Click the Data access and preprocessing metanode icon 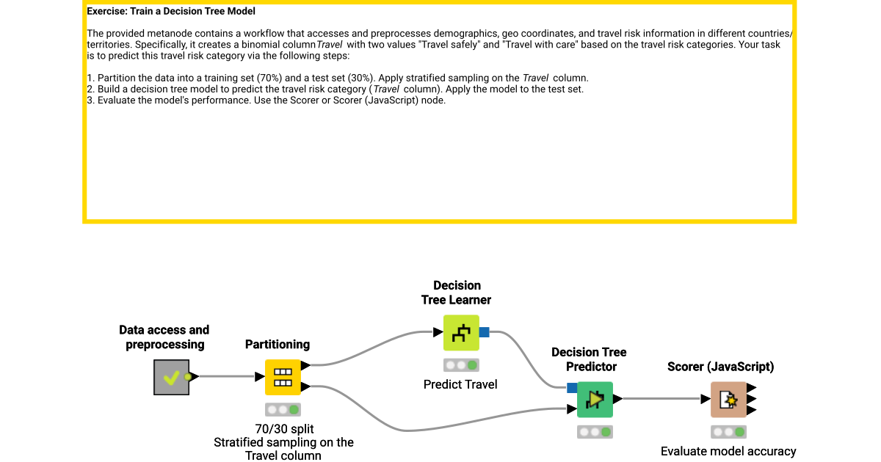[171, 377]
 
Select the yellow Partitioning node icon [283, 377]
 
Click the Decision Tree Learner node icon [461, 333]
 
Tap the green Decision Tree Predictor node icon [595, 400]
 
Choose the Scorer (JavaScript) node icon [728, 400]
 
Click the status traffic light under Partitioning [283, 410]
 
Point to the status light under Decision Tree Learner [461, 365]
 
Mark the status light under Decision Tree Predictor [595, 432]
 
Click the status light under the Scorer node [728, 432]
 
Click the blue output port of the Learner [484, 333]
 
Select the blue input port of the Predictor [572, 388]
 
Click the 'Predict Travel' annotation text [460, 384]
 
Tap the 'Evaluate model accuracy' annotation [728, 452]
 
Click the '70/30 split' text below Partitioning [283, 429]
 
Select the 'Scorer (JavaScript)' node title [720, 367]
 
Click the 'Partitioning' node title [278, 345]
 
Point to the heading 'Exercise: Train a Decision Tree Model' [171, 12]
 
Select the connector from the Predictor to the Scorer [661, 400]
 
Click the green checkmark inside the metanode [171, 378]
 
